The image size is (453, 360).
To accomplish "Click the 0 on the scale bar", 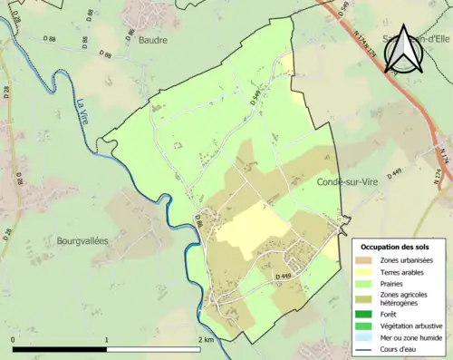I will coord(14,339).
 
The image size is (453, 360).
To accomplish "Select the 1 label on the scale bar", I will coord(107,339).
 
